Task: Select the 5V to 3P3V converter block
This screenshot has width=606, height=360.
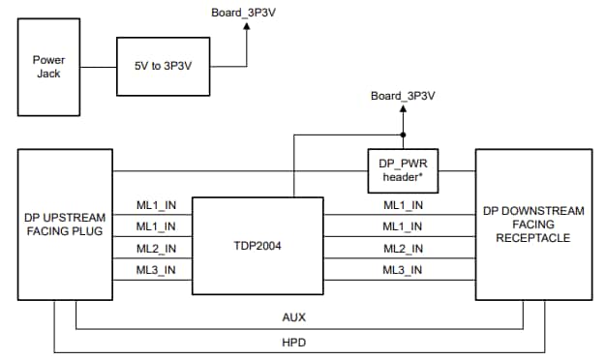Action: click(163, 67)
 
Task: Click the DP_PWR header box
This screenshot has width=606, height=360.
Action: click(403, 171)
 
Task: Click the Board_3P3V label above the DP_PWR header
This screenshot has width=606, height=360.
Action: click(403, 96)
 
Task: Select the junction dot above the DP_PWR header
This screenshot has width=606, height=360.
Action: click(403, 135)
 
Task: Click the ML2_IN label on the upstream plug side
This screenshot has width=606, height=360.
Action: click(155, 249)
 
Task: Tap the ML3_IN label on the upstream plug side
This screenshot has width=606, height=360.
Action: click(155, 270)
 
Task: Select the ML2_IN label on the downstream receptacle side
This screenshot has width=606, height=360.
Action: click(402, 249)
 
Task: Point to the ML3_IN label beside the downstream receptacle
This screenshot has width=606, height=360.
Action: click(402, 270)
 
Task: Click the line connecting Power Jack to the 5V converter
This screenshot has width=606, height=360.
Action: click(100, 67)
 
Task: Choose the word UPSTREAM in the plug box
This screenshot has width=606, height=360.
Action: click(73, 217)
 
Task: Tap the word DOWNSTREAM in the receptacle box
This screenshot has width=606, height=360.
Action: click(535, 210)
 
